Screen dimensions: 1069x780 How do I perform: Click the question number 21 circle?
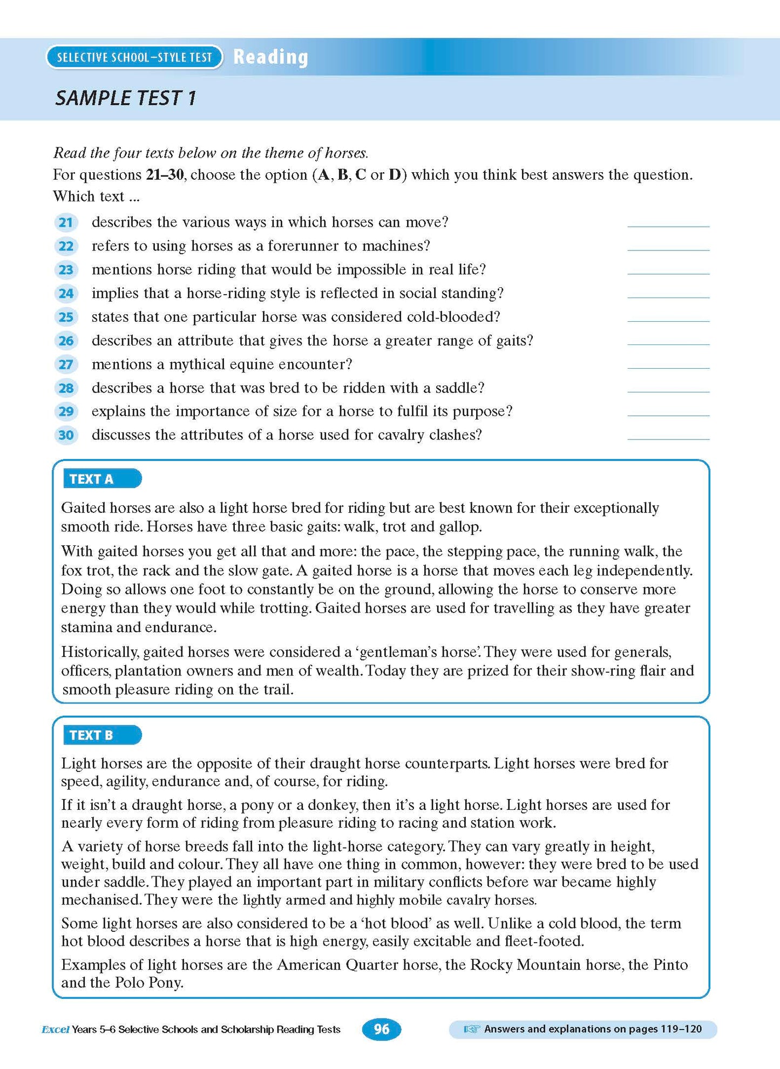click(x=66, y=222)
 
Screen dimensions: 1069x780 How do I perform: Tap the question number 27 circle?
click(x=66, y=364)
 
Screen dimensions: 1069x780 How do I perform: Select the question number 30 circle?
click(x=66, y=435)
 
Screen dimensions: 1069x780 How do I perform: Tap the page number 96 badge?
click(x=382, y=1029)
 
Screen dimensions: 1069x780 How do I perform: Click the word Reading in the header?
click(x=270, y=57)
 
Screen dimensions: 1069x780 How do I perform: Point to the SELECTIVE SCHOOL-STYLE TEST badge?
click(x=134, y=57)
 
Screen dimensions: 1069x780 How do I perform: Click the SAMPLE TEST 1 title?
click(x=126, y=98)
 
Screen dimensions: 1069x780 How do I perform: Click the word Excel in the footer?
click(x=55, y=1030)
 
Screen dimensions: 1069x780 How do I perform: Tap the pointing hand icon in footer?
click(x=471, y=1030)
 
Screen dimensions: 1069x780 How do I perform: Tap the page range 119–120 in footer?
click(x=682, y=1029)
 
